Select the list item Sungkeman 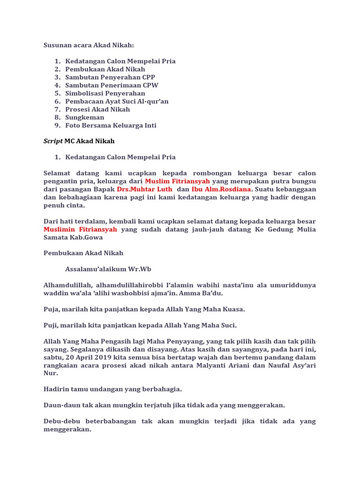click(85, 117)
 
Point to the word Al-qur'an click(151, 101)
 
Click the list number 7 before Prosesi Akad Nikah click(57, 109)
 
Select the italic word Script click(53, 141)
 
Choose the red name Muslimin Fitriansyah click(80, 230)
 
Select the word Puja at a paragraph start click(52, 309)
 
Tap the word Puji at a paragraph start click(51, 325)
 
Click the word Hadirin click(57, 389)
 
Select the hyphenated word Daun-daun click(60, 405)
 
